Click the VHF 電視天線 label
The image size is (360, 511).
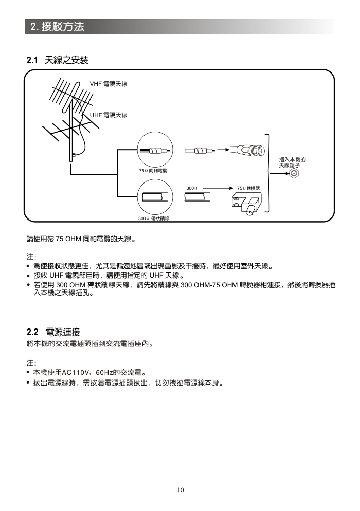[109, 83]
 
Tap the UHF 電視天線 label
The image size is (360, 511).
[109, 115]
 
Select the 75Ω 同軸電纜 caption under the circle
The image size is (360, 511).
[153, 170]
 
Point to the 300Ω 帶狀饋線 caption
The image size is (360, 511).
[154, 218]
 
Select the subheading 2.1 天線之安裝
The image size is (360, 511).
[58, 61]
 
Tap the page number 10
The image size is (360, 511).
[180, 490]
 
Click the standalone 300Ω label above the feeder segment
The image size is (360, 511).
[192, 189]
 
